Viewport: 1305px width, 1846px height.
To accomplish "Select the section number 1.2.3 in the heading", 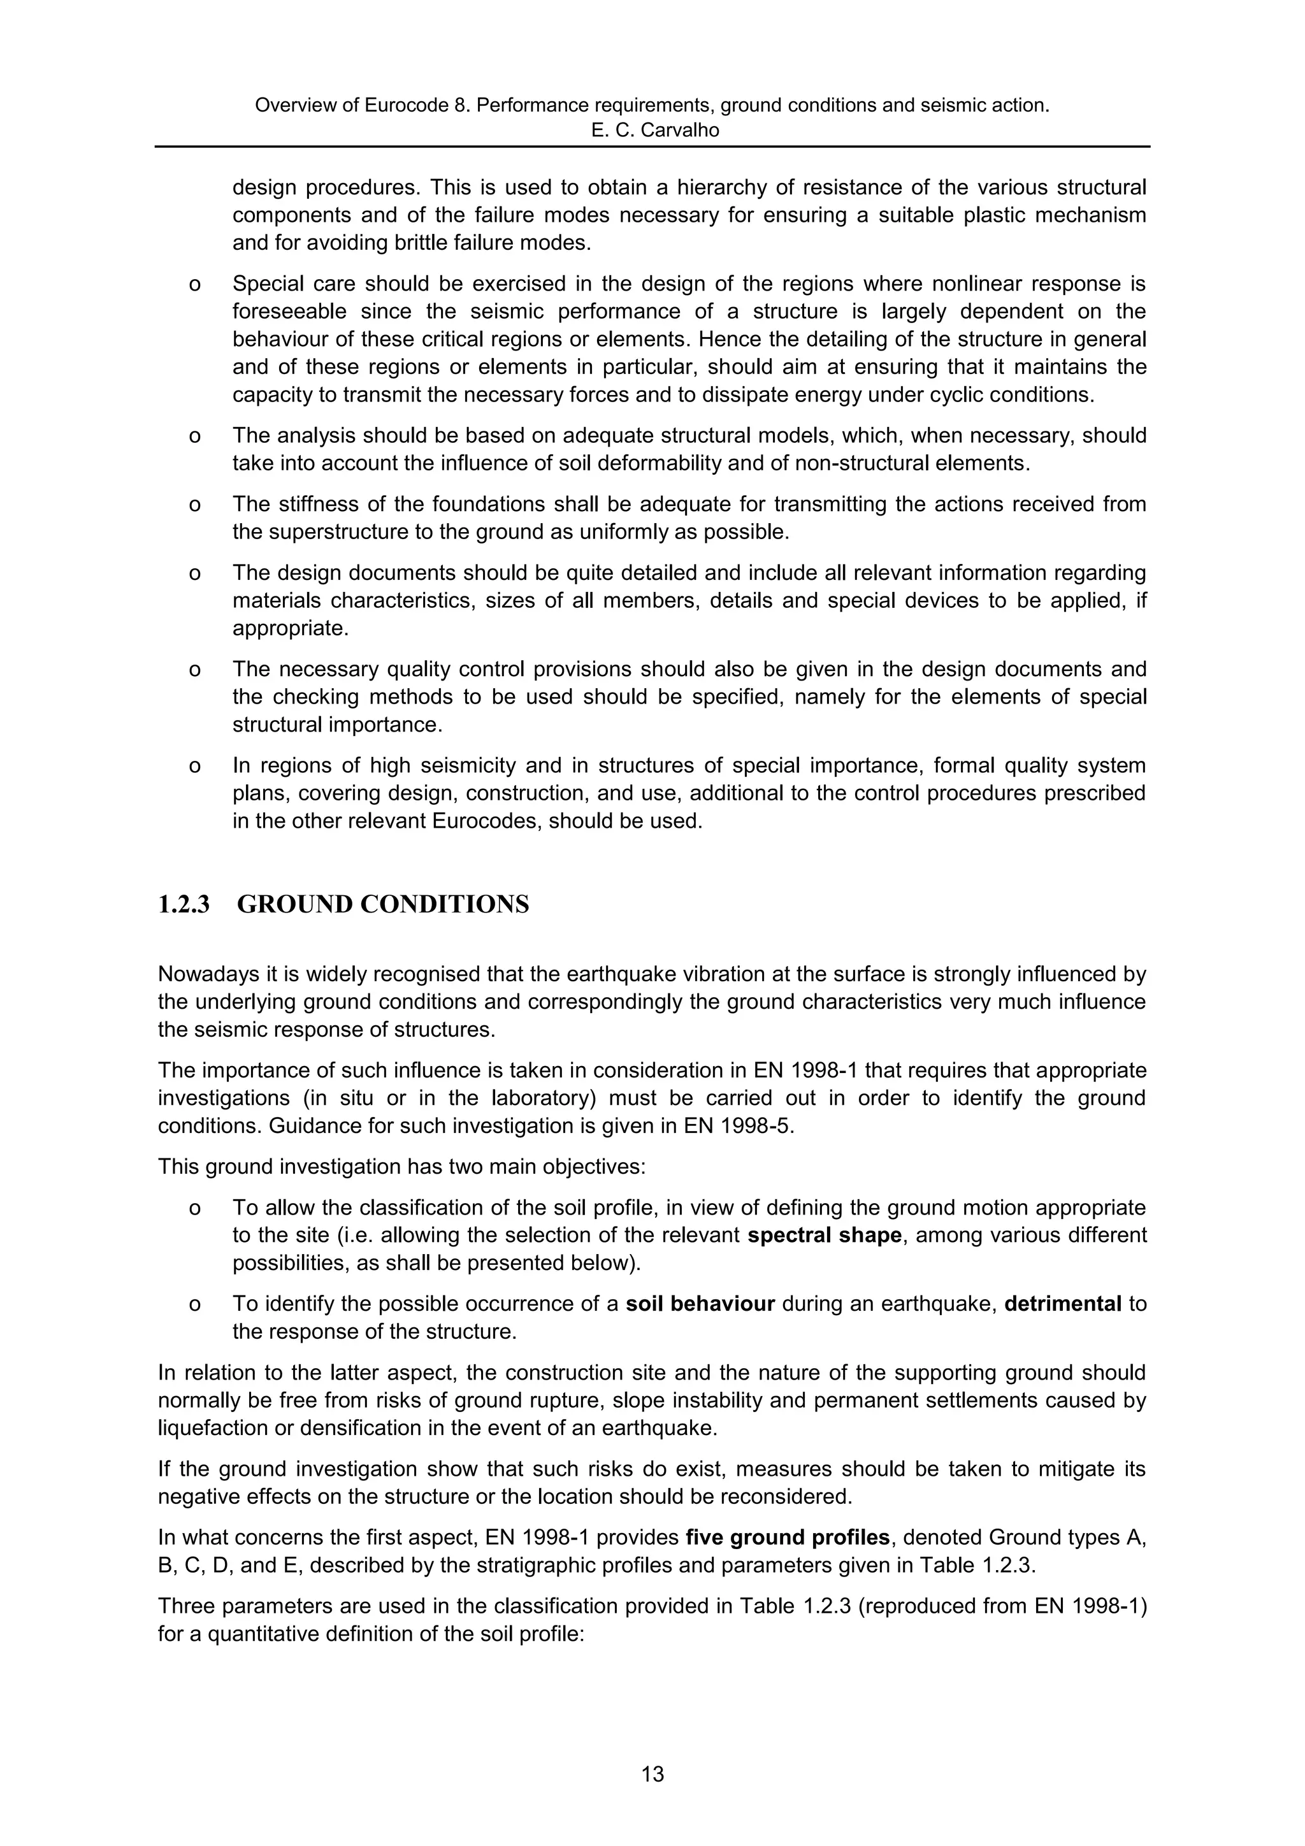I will (184, 904).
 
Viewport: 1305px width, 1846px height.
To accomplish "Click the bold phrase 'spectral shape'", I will (824, 1235).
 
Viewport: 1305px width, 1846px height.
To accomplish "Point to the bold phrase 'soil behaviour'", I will (700, 1303).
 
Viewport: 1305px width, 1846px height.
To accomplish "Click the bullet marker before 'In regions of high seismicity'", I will (194, 766).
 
